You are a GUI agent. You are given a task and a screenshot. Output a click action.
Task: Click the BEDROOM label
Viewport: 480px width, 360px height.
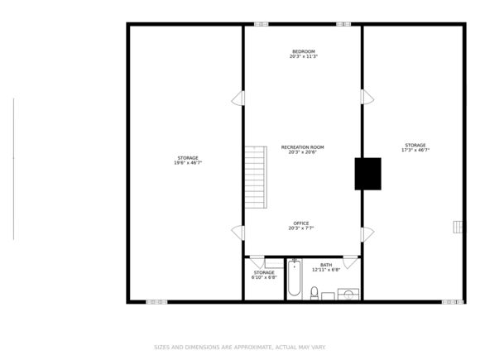304,51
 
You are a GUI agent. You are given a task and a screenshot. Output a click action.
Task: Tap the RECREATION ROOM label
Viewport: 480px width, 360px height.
302,147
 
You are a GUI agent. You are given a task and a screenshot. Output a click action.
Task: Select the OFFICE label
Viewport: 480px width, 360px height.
301,223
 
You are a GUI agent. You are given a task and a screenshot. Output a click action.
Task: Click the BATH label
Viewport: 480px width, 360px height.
326,265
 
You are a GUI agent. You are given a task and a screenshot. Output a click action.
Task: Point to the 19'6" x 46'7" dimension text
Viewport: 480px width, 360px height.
188,163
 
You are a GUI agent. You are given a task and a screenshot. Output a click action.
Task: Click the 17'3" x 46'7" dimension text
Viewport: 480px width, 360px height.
415,151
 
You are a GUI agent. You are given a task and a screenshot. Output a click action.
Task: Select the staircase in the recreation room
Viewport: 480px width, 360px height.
255,177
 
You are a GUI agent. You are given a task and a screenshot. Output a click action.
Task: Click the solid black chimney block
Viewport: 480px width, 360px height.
367,174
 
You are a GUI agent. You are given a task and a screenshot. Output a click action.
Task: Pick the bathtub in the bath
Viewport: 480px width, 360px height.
294,279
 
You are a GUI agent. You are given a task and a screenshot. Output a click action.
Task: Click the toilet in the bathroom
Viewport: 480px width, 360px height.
314,292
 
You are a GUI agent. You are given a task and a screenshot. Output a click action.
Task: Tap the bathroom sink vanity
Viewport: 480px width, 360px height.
348,293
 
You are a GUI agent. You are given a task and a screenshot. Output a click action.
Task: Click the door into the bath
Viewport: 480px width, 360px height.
351,262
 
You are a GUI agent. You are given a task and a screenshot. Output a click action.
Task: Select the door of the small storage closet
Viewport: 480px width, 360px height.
257,262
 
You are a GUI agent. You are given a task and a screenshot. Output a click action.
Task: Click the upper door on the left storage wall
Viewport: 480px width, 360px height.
238,98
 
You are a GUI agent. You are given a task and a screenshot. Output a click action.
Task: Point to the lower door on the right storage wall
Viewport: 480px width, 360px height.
367,234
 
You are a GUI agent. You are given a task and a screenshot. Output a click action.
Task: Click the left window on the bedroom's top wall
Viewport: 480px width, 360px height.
262,24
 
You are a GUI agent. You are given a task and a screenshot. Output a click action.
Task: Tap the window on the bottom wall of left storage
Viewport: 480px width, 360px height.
156,302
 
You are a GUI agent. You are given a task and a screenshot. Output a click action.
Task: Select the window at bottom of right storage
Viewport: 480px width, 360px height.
453,302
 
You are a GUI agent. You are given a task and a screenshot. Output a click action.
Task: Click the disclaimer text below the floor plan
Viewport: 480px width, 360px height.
240,347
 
